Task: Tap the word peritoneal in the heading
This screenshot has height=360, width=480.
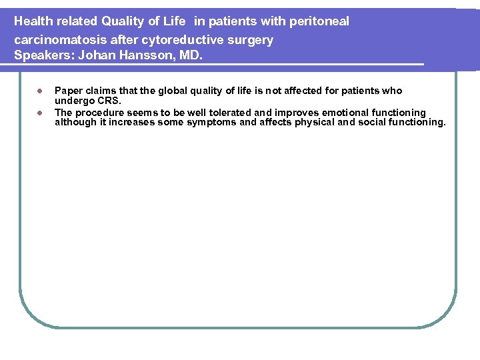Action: pos(319,21)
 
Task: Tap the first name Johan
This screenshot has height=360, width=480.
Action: pos(97,55)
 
